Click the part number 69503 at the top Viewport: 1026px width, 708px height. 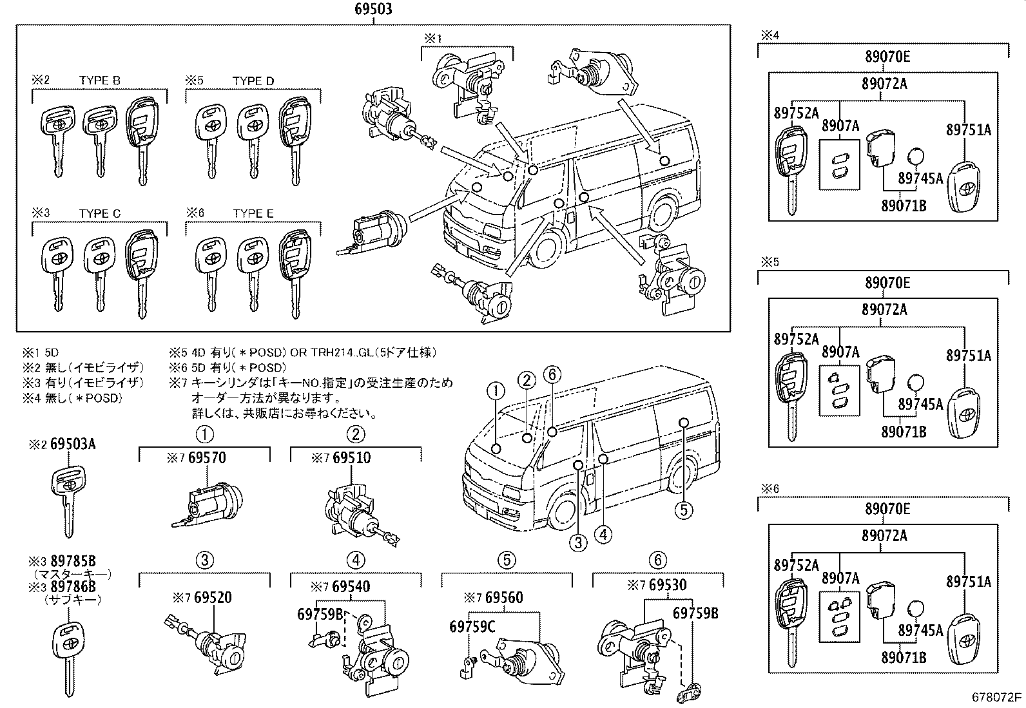pos(373,10)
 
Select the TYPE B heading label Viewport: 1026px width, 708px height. pos(99,81)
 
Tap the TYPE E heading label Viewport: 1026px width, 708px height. pos(253,213)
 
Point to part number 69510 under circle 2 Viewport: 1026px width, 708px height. pos(351,458)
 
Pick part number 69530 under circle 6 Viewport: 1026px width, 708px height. pos(668,586)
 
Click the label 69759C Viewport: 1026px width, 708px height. pos(472,626)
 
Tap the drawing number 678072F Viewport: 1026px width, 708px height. pos(997,697)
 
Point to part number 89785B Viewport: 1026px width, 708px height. pos(72,562)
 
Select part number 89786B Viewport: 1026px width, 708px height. pos(72,586)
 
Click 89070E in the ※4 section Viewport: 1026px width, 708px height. pos(887,57)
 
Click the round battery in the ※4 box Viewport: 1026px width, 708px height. pos(916,158)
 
